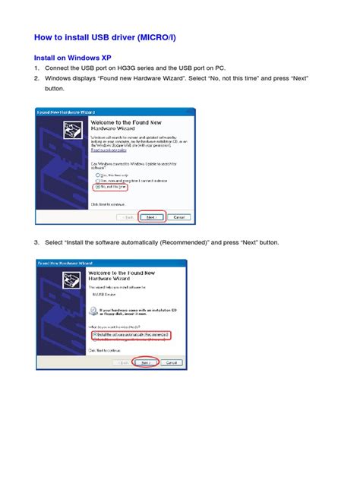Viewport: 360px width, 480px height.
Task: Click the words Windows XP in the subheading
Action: click(x=94, y=57)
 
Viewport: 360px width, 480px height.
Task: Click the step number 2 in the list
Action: click(x=36, y=77)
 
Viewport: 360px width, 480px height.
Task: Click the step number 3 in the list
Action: click(x=36, y=242)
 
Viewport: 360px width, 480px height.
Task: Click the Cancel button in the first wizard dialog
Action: click(x=177, y=216)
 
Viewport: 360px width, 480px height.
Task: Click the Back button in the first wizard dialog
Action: click(x=125, y=216)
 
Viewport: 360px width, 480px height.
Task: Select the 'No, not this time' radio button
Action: click(x=97, y=187)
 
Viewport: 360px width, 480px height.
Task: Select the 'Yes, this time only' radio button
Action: click(x=97, y=174)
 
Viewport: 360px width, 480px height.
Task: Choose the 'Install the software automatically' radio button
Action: click(x=95, y=334)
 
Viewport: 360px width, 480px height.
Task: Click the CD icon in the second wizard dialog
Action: click(x=92, y=310)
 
